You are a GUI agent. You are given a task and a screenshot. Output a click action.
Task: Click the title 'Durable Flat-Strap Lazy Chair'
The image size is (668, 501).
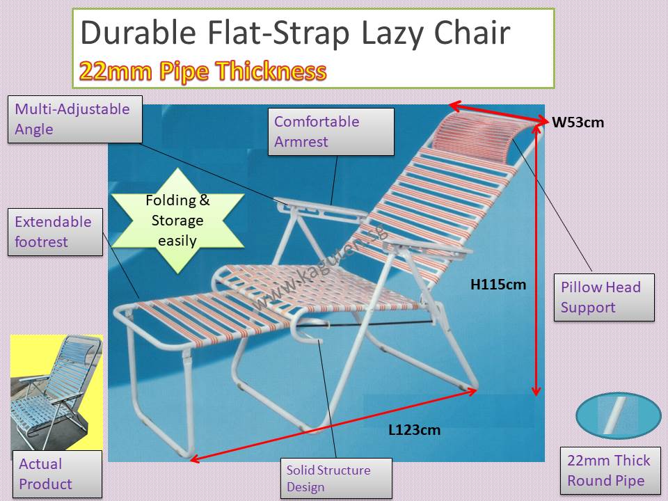[295, 33]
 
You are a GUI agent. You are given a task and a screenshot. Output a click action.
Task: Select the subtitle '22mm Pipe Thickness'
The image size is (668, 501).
[202, 71]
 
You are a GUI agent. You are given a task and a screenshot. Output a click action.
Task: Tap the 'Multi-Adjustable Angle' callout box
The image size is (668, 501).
[74, 120]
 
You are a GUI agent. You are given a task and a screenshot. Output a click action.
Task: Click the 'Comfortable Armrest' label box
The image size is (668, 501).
[333, 132]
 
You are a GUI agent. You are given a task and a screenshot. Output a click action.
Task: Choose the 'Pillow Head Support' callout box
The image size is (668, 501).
[604, 297]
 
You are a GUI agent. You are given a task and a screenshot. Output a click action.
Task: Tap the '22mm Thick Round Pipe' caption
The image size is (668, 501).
[609, 470]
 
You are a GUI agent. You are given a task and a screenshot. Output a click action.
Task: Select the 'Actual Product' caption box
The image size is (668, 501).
[56, 474]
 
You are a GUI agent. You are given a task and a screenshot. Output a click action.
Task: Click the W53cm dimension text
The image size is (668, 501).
[578, 123]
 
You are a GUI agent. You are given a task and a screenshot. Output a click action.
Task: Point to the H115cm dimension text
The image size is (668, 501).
[499, 284]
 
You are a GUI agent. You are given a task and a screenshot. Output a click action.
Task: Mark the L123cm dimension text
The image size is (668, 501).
[414, 430]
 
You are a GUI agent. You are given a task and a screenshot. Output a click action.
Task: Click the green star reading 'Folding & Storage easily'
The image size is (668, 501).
[177, 220]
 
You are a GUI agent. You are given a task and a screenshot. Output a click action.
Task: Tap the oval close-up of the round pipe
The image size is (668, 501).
[618, 415]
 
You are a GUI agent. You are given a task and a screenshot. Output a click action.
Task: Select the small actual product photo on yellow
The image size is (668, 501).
[56, 393]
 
